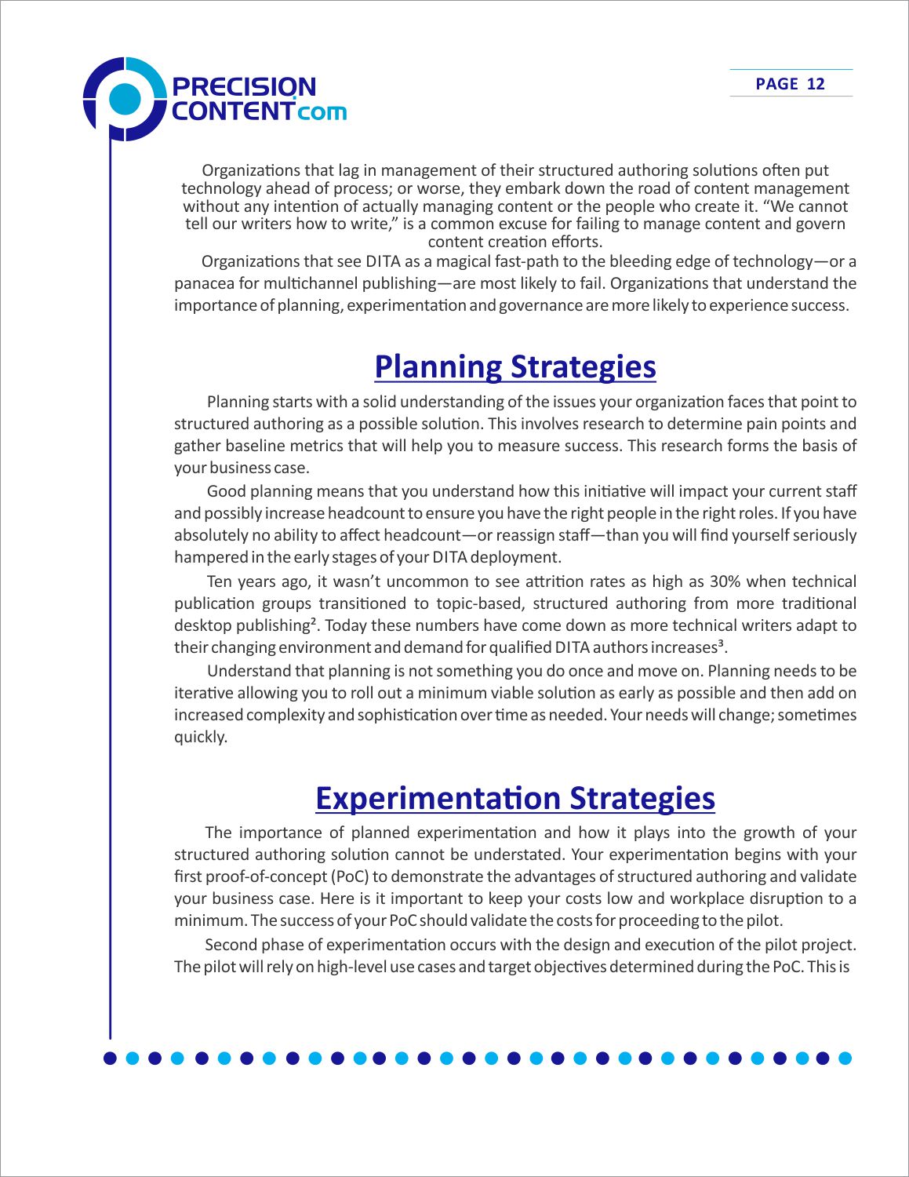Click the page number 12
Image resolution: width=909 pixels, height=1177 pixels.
coord(816,84)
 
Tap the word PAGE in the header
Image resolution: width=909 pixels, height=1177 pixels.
coord(776,84)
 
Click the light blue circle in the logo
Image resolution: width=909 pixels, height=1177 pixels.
coord(125,99)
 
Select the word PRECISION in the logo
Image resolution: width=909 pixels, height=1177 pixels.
coord(243,86)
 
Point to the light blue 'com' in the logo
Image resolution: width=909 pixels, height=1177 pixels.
coord(322,111)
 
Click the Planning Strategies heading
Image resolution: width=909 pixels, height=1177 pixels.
coord(514,366)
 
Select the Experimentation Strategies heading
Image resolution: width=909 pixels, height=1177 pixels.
coord(514,798)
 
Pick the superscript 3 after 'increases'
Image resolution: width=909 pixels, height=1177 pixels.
coord(719,644)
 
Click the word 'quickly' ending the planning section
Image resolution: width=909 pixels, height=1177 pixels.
coord(199,737)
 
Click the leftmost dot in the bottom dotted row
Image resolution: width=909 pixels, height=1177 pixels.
coord(110,1058)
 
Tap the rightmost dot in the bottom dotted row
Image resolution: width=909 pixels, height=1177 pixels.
coord(845,1058)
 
